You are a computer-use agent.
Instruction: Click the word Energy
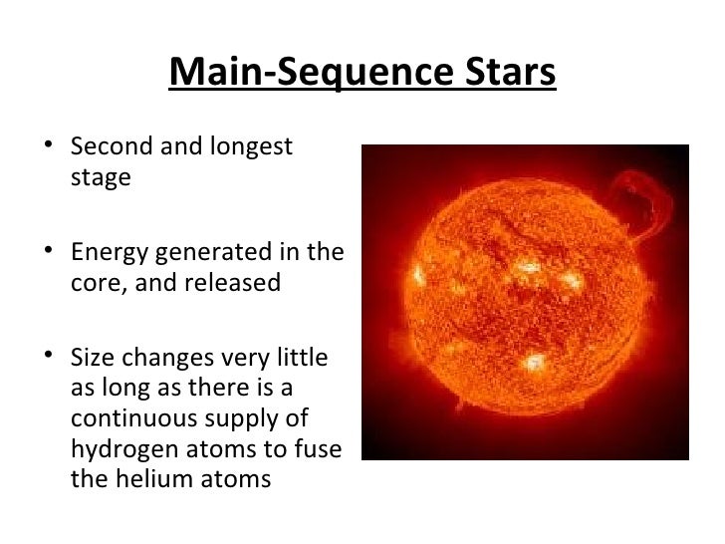[x=108, y=252]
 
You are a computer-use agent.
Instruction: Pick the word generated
[x=213, y=252]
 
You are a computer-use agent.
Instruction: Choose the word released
[x=235, y=283]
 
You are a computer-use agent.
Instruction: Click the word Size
[x=91, y=357]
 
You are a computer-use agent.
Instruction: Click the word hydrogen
[x=121, y=448]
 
